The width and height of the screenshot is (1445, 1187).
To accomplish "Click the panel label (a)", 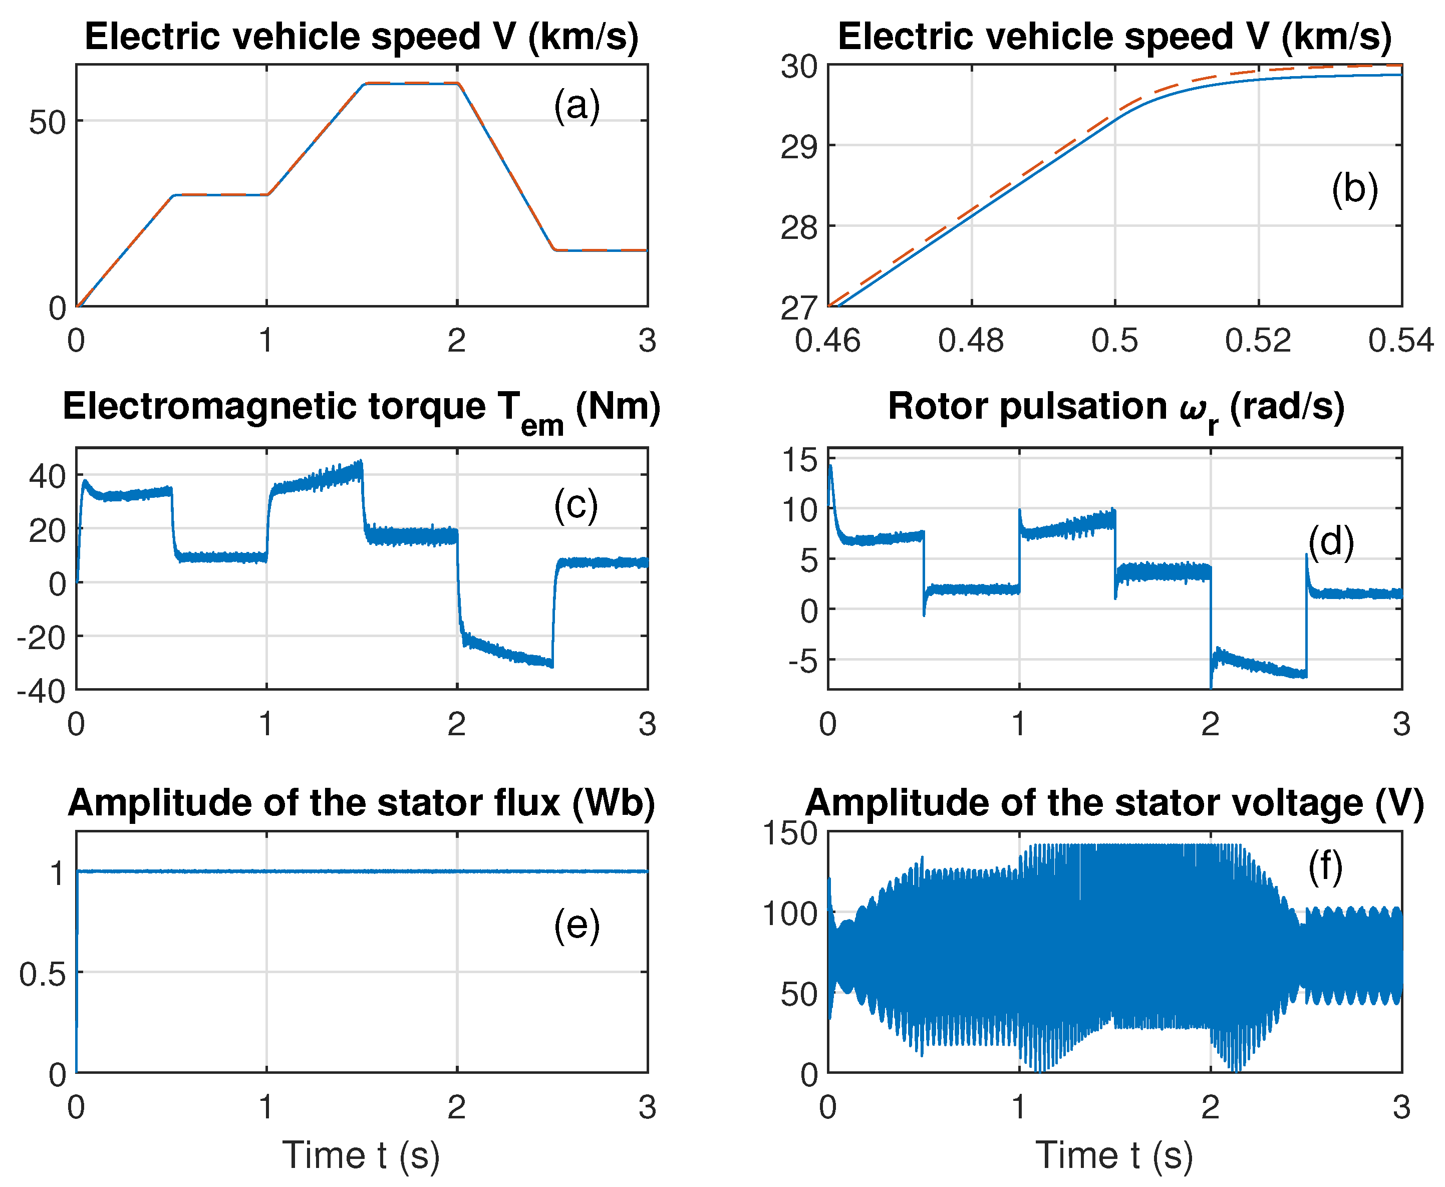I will point(576,106).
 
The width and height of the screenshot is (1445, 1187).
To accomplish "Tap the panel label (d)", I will point(1331,542).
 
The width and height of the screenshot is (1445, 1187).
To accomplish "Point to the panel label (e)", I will point(576,926).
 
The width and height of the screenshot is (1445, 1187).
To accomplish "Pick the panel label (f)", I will point(1325,867).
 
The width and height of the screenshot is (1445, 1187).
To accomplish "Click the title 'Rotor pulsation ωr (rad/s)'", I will point(1116,408).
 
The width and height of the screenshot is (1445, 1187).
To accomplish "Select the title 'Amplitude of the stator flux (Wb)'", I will point(361,803).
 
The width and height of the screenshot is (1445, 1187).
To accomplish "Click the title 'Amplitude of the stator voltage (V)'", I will point(1115,803).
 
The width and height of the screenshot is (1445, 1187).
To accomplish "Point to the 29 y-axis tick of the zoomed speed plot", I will point(799,146).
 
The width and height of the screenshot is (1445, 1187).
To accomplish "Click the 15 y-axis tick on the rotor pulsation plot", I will point(800,460).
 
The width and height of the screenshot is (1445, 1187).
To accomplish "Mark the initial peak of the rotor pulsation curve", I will point(830,466).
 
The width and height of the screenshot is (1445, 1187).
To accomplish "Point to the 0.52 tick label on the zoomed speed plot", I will point(1258,341).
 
